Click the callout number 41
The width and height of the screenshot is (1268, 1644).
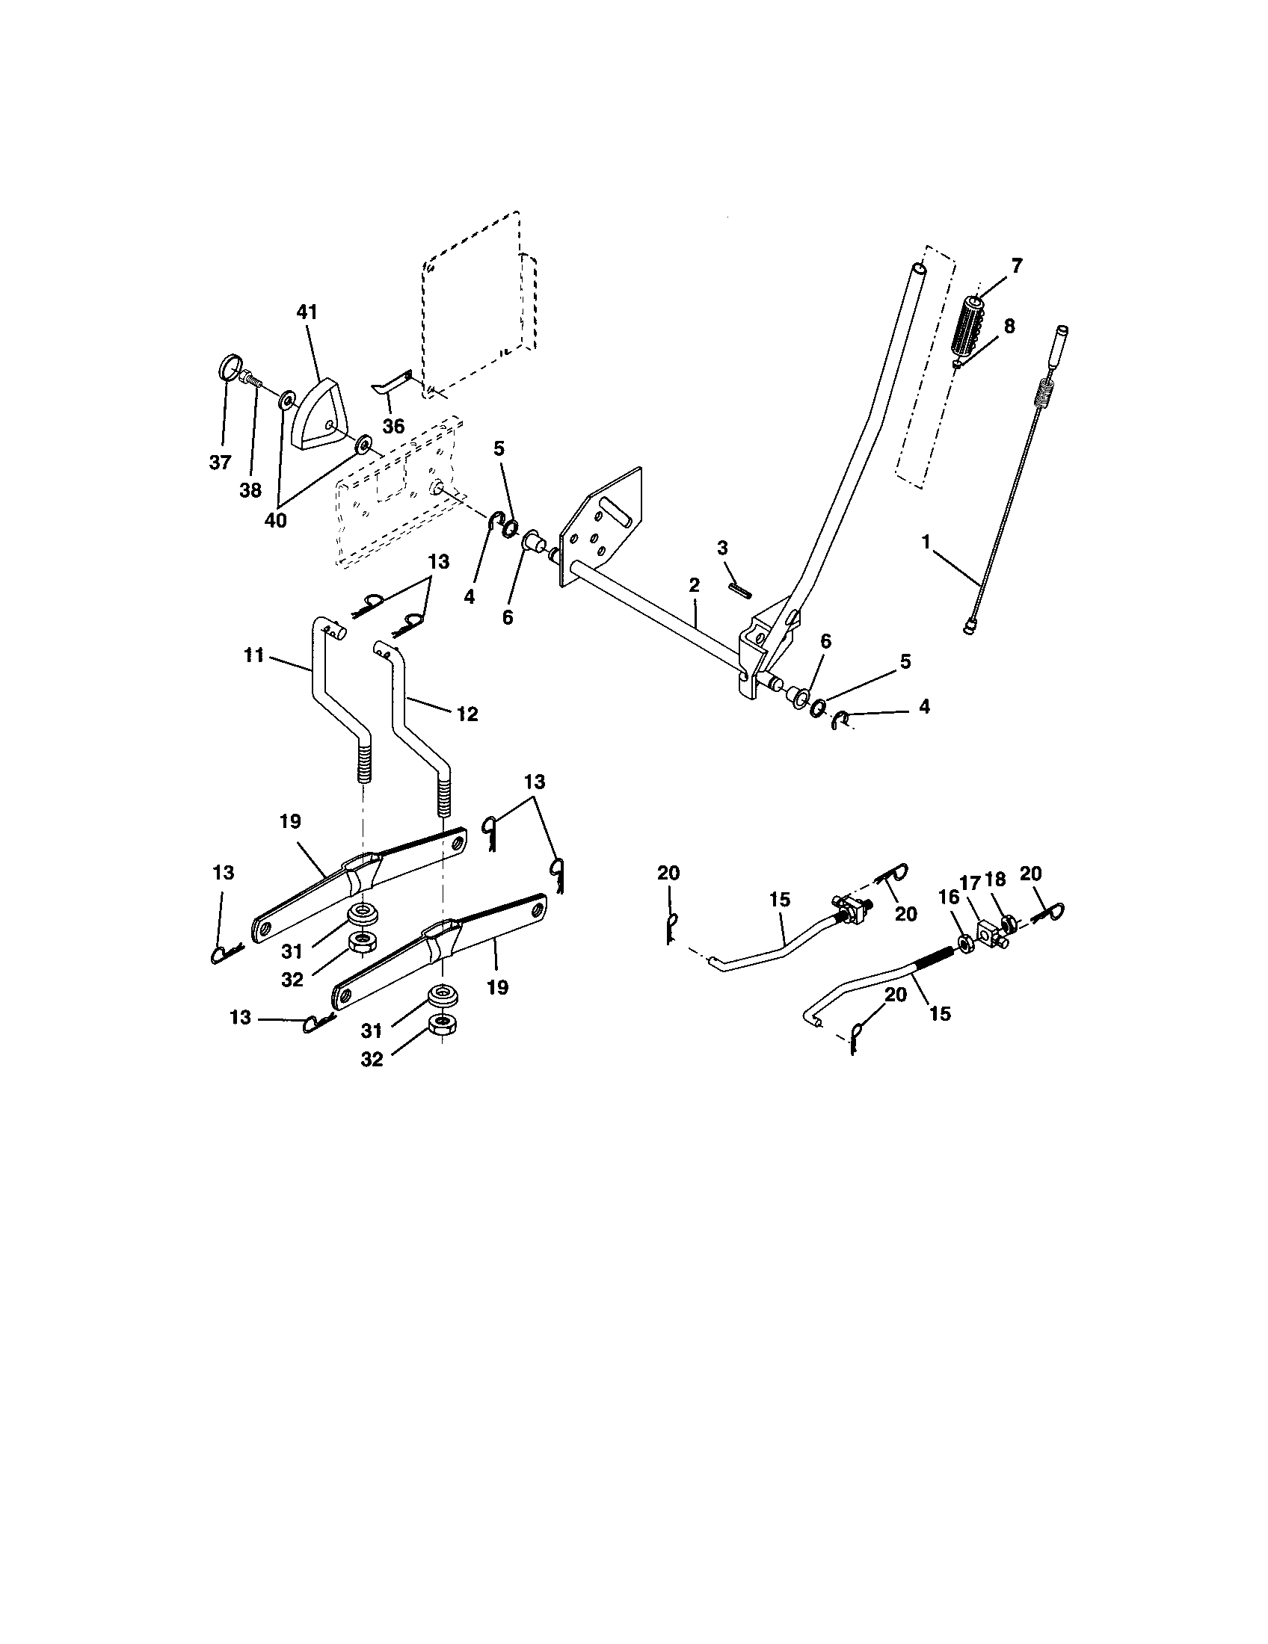coord(307,312)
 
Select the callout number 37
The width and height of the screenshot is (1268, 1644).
coord(220,462)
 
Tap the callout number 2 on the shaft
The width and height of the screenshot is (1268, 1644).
coord(694,585)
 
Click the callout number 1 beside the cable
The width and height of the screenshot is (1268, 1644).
coord(926,541)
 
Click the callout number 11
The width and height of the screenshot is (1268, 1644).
coord(253,655)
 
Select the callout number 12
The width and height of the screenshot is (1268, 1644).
coord(467,714)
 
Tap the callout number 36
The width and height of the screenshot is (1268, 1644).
coord(393,426)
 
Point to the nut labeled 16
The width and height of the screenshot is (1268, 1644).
coord(964,942)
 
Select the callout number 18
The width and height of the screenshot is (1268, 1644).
coord(994,880)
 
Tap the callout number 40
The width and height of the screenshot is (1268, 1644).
coord(276,520)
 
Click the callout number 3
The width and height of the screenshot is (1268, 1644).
coord(723,548)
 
